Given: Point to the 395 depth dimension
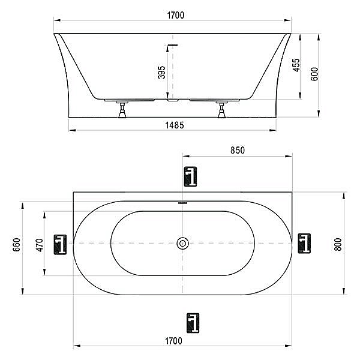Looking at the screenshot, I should [161, 73].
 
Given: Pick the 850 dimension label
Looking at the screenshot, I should [237, 151].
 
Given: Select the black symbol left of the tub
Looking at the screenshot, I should [60, 244].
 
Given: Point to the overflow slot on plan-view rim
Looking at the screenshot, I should [183, 203].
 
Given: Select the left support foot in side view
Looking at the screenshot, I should [122, 111].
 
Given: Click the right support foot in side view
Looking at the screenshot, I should [222, 111].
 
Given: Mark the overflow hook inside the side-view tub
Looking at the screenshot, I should [173, 46].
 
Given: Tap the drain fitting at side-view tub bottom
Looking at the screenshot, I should [172, 99].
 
